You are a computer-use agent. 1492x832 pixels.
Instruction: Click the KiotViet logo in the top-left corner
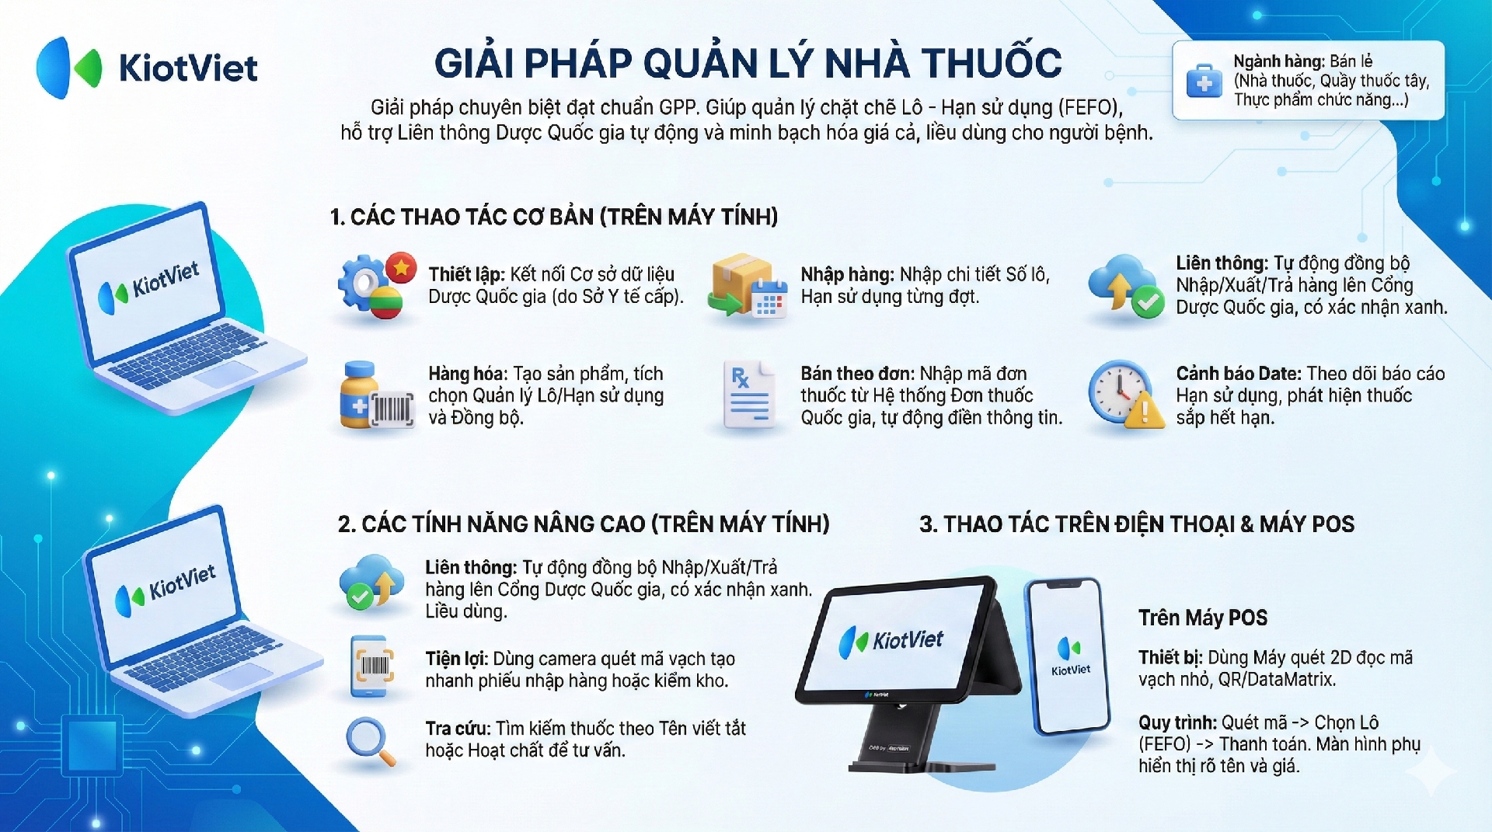point(147,68)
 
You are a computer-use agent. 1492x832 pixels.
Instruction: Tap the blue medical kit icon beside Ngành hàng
point(1204,81)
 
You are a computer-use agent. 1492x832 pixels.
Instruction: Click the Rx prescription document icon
point(749,395)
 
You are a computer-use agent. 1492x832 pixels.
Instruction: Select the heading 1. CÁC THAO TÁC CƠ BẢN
point(553,217)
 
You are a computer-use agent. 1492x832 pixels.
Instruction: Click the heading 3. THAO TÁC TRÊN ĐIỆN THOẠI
point(1137,524)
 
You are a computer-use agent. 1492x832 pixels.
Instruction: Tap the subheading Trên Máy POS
point(1203,618)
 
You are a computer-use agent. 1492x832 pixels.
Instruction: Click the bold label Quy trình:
point(1178,723)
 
